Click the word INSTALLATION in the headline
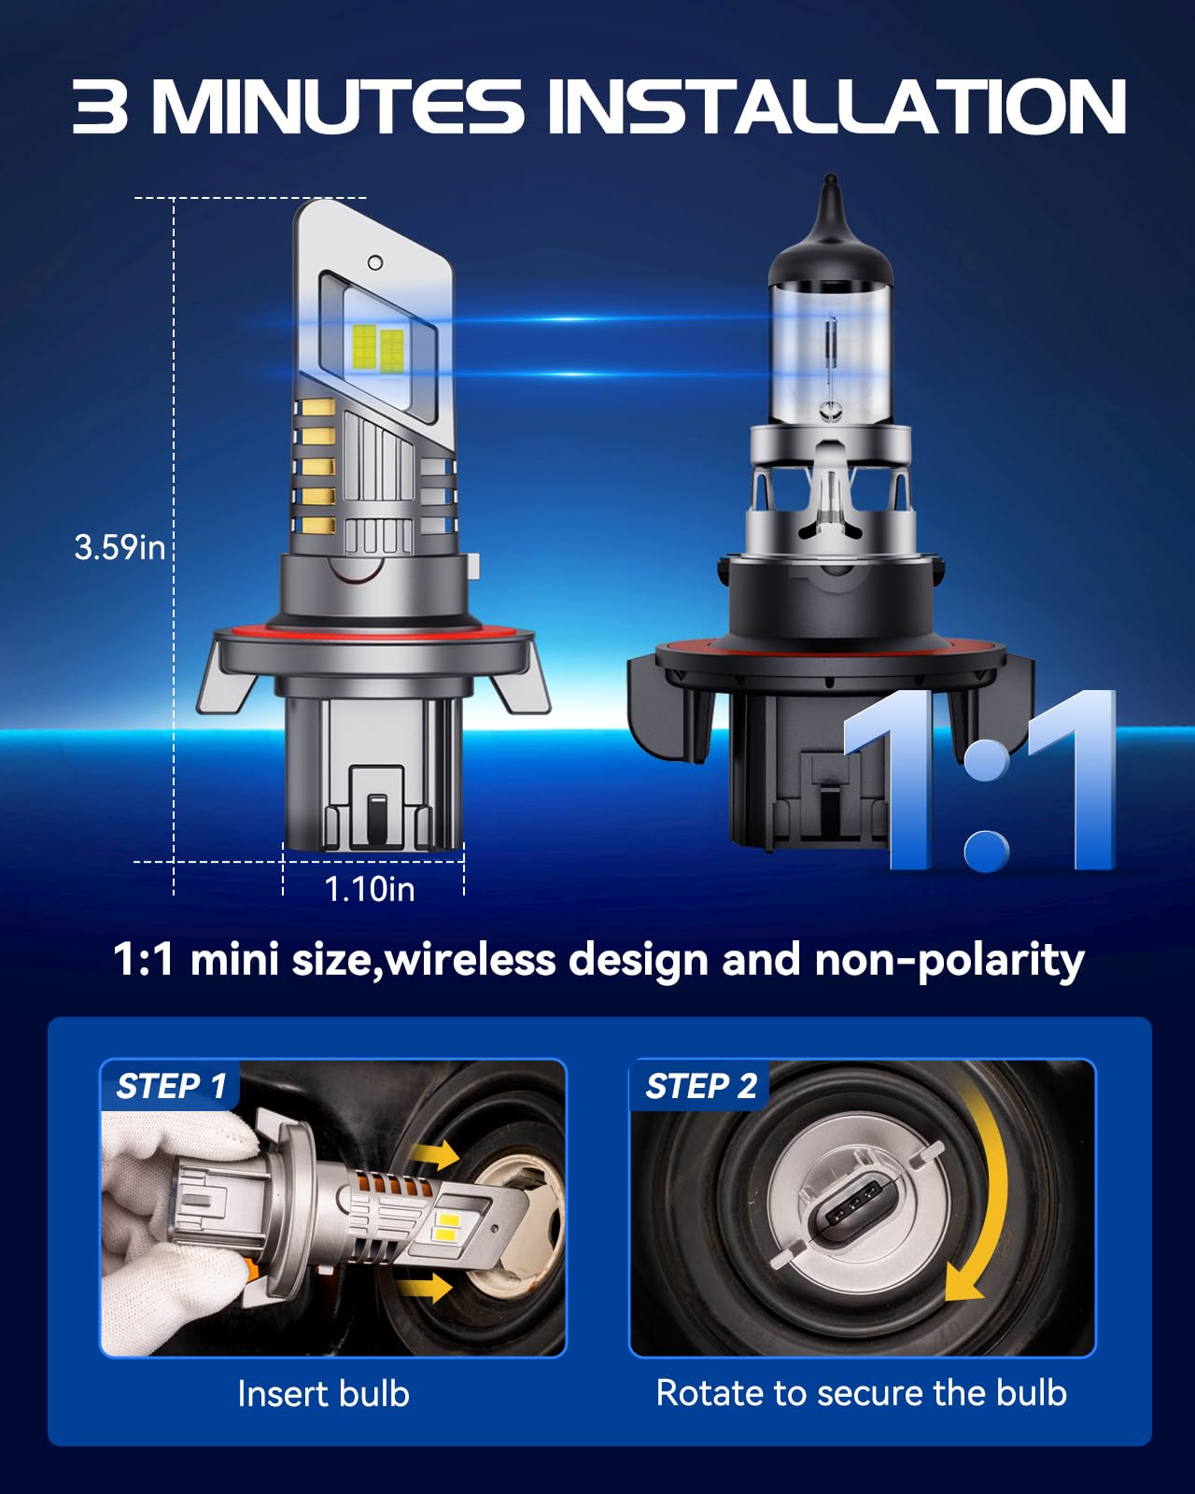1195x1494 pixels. [836, 106]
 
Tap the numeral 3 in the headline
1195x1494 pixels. [100, 106]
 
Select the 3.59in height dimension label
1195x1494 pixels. [119, 547]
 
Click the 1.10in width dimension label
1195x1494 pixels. [370, 889]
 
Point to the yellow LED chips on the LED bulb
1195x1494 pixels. [378, 347]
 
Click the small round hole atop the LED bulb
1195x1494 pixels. [375, 262]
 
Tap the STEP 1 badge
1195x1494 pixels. [171, 1086]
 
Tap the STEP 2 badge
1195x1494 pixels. [700, 1086]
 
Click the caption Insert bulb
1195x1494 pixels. [323, 1393]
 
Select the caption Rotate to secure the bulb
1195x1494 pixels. [861, 1392]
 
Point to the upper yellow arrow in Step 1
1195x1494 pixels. [434, 1155]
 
